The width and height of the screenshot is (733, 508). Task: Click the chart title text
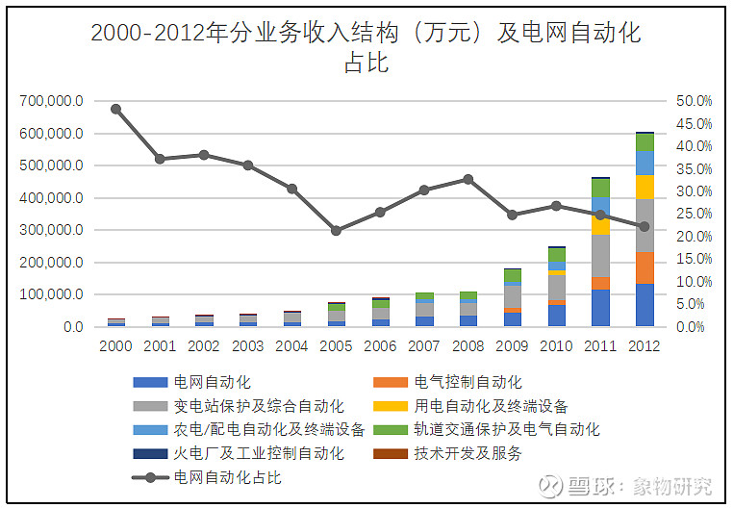pyautogui.click(x=366, y=47)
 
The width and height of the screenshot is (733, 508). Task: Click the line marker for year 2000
pyautogui.click(x=115, y=109)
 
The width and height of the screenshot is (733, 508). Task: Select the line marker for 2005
pyautogui.click(x=336, y=231)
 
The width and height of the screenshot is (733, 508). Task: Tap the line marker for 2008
pyautogui.click(x=468, y=179)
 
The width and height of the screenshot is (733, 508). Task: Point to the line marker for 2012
pyautogui.click(x=644, y=227)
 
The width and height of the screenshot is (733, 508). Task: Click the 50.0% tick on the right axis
pyautogui.click(x=694, y=100)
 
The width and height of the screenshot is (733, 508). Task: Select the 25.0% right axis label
pyautogui.click(x=694, y=214)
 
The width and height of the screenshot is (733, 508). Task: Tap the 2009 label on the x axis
pyautogui.click(x=512, y=345)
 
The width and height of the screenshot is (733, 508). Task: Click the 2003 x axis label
pyautogui.click(x=247, y=345)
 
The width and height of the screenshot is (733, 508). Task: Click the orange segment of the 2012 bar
pyautogui.click(x=644, y=267)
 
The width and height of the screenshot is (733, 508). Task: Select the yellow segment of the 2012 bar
pyautogui.click(x=644, y=187)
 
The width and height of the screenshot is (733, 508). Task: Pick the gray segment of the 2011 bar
pyautogui.click(x=600, y=255)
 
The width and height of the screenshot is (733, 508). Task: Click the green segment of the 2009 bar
pyautogui.click(x=512, y=276)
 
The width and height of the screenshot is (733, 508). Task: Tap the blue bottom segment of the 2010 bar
pyautogui.click(x=556, y=316)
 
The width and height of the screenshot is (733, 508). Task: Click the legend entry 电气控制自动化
pyautogui.click(x=468, y=382)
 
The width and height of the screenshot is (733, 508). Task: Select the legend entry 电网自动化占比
pyautogui.click(x=227, y=476)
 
